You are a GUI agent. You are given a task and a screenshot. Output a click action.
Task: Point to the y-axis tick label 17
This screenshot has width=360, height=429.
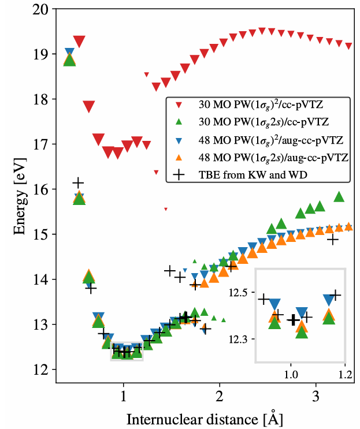click(41, 144)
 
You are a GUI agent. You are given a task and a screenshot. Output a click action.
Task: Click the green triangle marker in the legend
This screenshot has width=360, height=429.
click(179, 122)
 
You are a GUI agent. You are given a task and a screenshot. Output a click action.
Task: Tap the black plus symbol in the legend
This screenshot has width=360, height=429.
click(179, 174)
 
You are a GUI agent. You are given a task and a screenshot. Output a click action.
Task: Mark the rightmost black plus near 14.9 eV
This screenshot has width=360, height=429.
click(332, 239)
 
